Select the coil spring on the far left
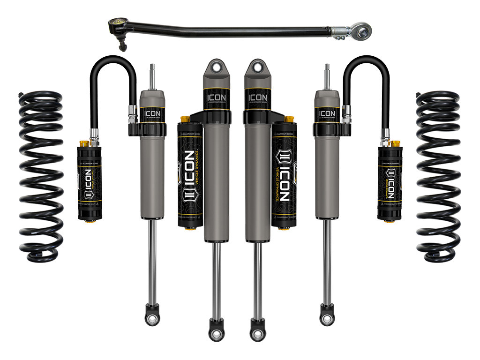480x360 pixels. (x=41, y=176)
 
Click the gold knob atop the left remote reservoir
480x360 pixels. (x=84, y=143)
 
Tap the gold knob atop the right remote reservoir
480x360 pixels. (x=395, y=143)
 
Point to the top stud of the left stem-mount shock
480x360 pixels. (x=152, y=75)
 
